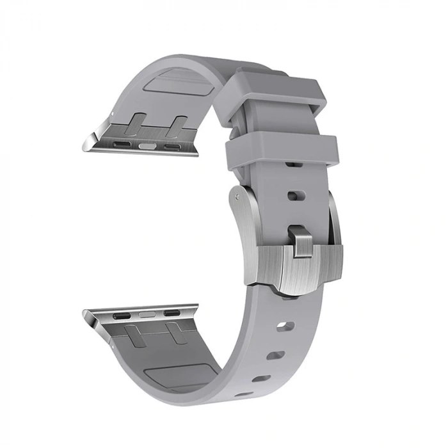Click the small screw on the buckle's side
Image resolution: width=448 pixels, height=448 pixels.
pos(237,192)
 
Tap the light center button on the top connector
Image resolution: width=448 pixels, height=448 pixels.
pos(151,146)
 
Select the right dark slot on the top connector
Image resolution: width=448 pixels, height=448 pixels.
pos(173,147)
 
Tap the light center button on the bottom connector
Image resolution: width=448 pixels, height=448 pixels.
pos(147,315)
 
